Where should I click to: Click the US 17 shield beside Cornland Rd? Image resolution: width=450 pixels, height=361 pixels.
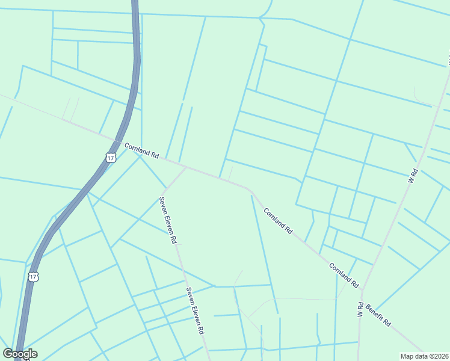point(109,158)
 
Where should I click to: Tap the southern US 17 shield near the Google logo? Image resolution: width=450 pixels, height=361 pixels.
point(34,276)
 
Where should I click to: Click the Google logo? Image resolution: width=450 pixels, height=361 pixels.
point(20,354)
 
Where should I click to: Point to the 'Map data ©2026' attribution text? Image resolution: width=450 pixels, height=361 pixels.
point(424,356)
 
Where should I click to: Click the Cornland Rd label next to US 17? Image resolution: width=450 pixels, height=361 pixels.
point(141,150)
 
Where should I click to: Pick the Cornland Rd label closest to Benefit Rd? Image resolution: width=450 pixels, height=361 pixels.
point(344,274)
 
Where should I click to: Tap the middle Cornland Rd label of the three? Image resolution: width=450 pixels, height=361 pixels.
point(278,221)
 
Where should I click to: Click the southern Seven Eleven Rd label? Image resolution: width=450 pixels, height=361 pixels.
point(195,310)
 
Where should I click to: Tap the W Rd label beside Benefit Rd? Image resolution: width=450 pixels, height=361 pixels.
point(361,309)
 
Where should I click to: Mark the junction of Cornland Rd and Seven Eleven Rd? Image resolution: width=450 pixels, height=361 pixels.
point(186,168)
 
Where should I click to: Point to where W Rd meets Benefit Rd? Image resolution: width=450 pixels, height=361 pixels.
point(363,291)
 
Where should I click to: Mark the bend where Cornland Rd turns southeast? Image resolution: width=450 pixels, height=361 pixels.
point(248,189)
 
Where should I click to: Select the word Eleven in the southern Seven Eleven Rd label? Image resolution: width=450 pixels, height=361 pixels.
point(196,312)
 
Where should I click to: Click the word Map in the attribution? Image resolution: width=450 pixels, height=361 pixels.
point(407,356)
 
